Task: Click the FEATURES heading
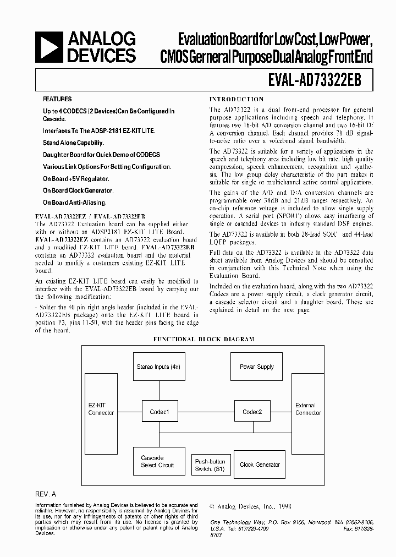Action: click(57, 99)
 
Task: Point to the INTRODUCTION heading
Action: click(237, 99)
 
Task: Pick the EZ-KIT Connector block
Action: click(101, 409)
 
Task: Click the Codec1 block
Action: click(159, 412)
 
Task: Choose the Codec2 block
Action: click(252, 412)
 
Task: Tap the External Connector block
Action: click(308, 409)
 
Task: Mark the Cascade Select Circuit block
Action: click(157, 461)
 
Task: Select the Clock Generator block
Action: click(260, 465)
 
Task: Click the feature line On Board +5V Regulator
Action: click(76, 178)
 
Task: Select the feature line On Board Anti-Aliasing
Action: click(75, 203)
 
